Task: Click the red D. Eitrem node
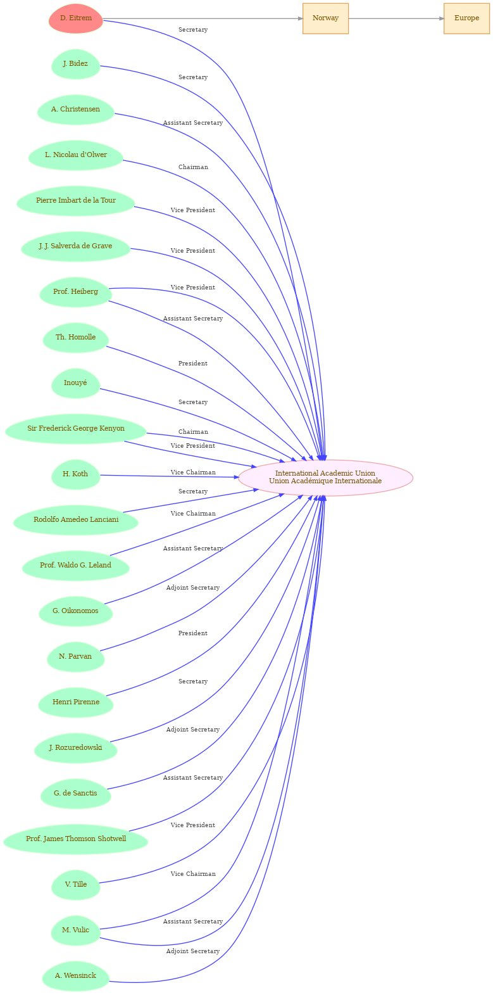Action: [76, 18]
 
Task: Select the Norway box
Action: [325, 18]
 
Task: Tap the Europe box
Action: [466, 18]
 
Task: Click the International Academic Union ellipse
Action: [325, 478]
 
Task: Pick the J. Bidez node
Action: [75, 64]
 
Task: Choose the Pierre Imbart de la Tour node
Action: [75, 201]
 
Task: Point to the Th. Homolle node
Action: [75, 338]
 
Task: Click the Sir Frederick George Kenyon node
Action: [75, 429]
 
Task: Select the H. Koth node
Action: [75, 474]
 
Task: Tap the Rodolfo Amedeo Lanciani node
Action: [75, 520]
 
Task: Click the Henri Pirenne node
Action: [75, 702]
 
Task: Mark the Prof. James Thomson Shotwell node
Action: [75, 839]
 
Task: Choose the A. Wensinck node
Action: [75, 976]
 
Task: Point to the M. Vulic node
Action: [75, 930]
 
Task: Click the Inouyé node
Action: [75, 383]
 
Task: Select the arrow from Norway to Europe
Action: [396, 18]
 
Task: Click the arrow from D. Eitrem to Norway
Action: [203, 18]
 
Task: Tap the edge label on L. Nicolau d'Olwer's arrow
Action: [193, 167]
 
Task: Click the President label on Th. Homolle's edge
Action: [193, 364]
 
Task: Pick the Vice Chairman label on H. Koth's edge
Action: [193, 472]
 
